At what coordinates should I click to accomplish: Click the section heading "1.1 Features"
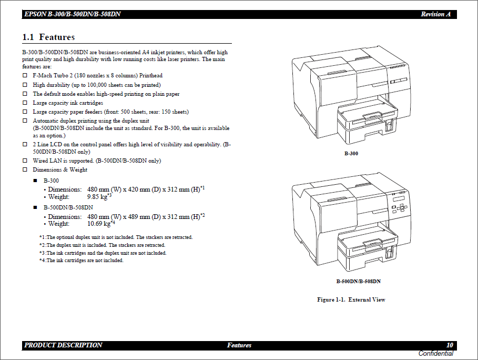48,37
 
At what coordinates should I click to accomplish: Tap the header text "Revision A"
435,14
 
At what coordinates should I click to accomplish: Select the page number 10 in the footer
450,345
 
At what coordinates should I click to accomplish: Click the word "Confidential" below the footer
435,354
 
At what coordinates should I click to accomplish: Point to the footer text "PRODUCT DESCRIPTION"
63,345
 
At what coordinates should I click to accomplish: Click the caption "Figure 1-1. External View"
351,299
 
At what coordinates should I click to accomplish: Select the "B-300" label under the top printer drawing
351,154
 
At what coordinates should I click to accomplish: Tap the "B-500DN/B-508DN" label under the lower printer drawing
358,282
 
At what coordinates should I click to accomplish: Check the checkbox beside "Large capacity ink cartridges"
25,103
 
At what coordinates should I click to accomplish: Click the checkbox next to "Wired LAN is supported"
25,161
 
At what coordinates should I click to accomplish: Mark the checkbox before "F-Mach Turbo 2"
25,76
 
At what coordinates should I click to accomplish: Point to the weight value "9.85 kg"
97,197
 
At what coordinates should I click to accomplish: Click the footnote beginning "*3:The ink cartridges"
103,253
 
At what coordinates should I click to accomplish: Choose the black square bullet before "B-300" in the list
35,181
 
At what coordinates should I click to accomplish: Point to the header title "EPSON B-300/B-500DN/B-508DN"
72,14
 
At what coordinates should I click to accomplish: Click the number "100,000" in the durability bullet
97,85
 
